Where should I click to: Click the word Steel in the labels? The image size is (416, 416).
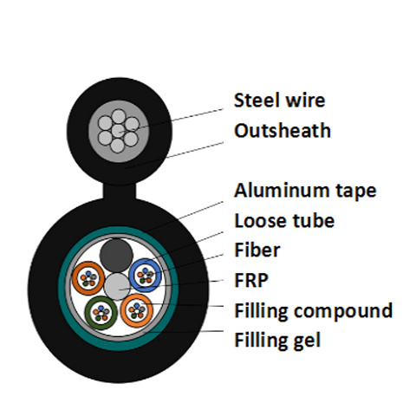257,101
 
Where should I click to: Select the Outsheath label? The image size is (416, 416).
283,131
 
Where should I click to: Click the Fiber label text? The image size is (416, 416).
257,250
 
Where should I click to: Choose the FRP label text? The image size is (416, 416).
251,280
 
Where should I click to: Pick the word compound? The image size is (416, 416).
343,311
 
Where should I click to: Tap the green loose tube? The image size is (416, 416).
101,313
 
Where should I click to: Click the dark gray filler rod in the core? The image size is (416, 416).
116,256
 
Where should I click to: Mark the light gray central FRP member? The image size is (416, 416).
117,287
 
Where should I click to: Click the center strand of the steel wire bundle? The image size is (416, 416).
118,131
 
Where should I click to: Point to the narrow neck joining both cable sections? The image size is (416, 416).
120,191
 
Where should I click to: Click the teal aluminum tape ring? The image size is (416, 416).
62,289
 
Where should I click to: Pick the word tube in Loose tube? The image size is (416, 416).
314,221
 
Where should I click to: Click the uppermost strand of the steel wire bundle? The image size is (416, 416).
118,116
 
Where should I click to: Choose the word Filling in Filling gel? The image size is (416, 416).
261,340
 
